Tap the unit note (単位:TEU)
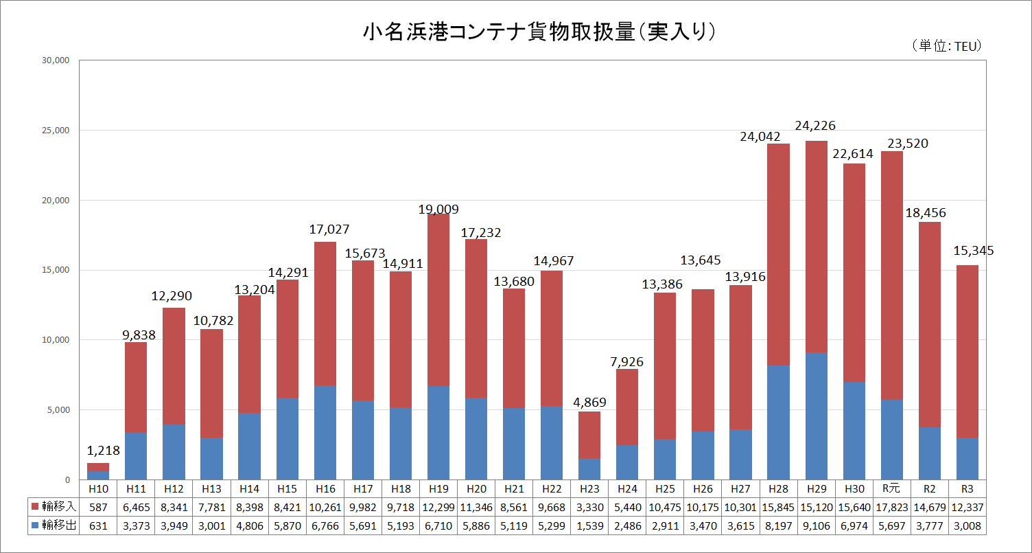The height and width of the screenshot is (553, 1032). pyautogui.click(x=948, y=45)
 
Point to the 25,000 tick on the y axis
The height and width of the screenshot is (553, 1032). pyautogui.click(x=56, y=131)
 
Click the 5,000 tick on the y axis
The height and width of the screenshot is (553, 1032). pyautogui.click(x=58, y=410)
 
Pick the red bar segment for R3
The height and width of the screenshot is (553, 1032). pyautogui.click(x=967, y=351)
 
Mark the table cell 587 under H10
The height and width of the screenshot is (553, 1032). pyautogui.click(x=98, y=506)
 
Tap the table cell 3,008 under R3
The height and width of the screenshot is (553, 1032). pyautogui.click(x=967, y=526)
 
